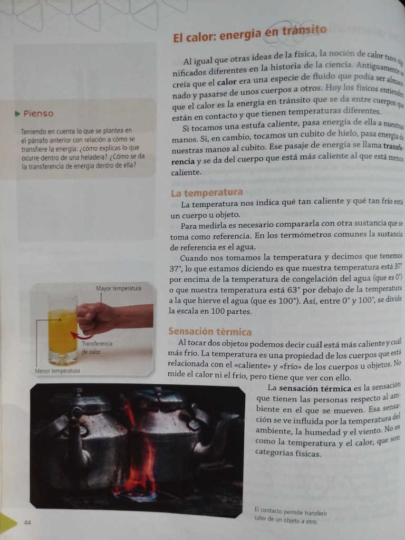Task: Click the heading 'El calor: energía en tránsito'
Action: click(249, 34)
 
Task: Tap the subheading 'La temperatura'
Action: click(206, 193)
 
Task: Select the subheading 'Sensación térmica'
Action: click(209, 332)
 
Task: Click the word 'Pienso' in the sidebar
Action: click(38, 113)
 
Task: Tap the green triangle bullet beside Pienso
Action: click(18, 113)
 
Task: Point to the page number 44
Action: click(27, 522)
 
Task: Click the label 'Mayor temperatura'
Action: click(119, 288)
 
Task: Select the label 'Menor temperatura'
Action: click(57, 371)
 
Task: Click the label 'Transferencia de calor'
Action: click(97, 348)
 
